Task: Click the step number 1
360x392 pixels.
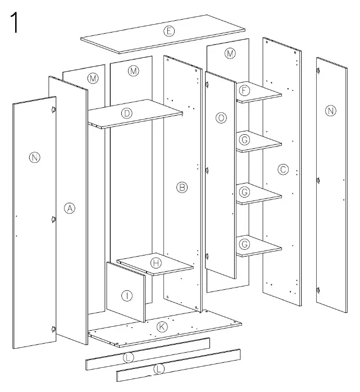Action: tap(15, 22)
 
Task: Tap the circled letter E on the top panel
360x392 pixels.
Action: tap(169, 31)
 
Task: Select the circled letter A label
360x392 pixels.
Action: tap(70, 208)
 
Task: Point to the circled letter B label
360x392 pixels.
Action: tap(182, 187)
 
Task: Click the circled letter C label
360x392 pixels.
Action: tap(283, 170)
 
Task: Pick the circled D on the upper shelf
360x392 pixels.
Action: tap(127, 113)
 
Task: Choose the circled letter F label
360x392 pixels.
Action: tap(244, 90)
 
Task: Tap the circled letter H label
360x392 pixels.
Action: tap(156, 263)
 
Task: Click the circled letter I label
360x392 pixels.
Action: tap(127, 296)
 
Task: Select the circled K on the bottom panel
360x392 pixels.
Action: tap(162, 327)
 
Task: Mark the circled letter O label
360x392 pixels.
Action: tap(221, 118)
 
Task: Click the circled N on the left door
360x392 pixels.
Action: tap(35, 157)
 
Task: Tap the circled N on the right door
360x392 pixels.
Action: tap(331, 111)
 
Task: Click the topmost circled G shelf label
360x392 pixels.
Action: tap(244, 140)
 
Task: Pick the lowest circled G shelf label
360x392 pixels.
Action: tap(244, 244)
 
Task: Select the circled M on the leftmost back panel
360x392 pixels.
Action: tap(93, 79)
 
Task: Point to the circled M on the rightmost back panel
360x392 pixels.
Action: tap(230, 53)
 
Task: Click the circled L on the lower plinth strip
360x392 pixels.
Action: tap(159, 369)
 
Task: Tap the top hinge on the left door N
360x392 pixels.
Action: tap(53, 110)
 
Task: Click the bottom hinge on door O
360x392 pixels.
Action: tap(207, 257)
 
